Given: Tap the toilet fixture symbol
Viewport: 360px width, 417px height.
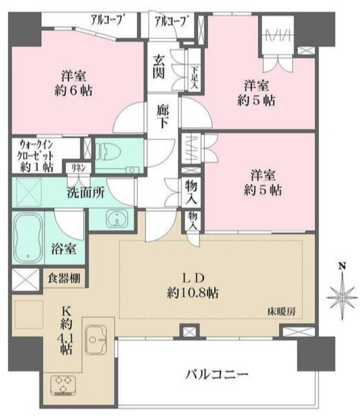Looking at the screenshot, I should (111, 152).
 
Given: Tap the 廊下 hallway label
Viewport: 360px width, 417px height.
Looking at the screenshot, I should (164, 117).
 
